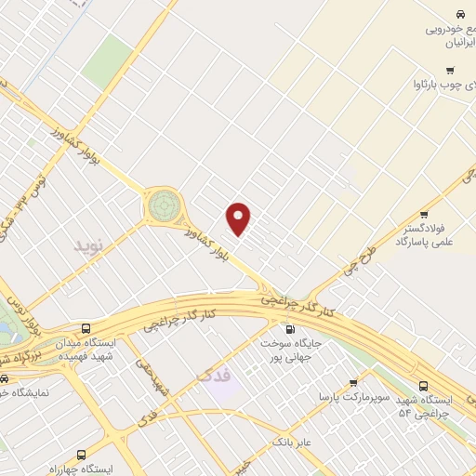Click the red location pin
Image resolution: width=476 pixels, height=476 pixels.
[x=239, y=218]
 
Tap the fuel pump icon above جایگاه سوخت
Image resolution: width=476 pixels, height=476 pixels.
[x=290, y=329]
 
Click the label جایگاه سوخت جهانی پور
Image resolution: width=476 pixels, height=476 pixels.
[x=296, y=350]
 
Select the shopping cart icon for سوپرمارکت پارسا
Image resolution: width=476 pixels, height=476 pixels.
[x=353, y=383]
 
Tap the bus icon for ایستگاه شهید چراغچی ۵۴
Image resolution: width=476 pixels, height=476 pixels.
[x=424, y=386]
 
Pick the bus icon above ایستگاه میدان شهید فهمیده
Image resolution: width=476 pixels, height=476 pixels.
[x=86, y=329]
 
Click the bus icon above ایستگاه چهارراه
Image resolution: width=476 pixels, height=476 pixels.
[x=82, y=456]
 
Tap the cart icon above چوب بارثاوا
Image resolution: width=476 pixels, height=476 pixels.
[x=450, y=70]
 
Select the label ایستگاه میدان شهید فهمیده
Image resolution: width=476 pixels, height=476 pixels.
[x=86, y=350]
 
